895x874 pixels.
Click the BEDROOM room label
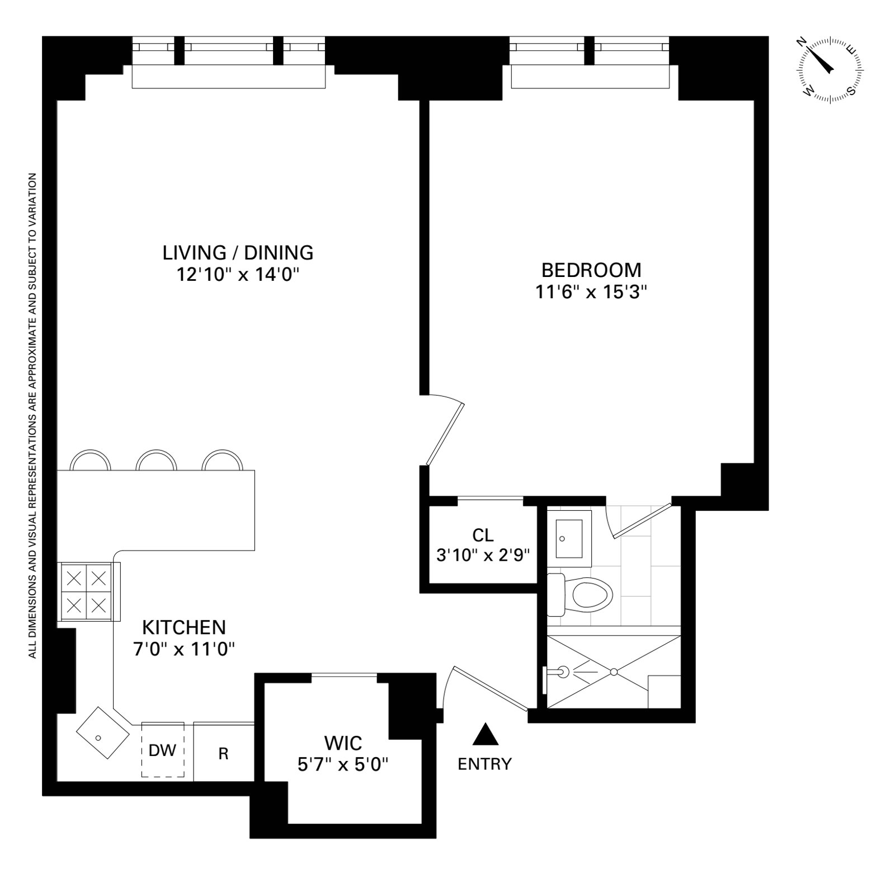[x=591, y=270]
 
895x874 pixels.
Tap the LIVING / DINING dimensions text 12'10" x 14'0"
[x=238, y=275]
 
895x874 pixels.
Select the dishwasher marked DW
[x=162, y=750]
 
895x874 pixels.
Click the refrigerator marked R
[x=223, y=754]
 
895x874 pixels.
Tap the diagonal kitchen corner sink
[x=101, y=734]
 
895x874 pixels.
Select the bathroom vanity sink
[x=569, y=534]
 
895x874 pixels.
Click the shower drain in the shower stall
[x=614, y=671]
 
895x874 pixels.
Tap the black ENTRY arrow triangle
[x=485, y=734]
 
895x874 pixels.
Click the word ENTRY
[x=484, y=764]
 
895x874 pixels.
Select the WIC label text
[x=343, y=744]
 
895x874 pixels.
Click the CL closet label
[x=483, y=535]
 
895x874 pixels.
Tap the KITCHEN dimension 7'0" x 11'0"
[x=183, y=649]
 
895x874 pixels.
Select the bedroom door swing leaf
[x=445, y=434]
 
